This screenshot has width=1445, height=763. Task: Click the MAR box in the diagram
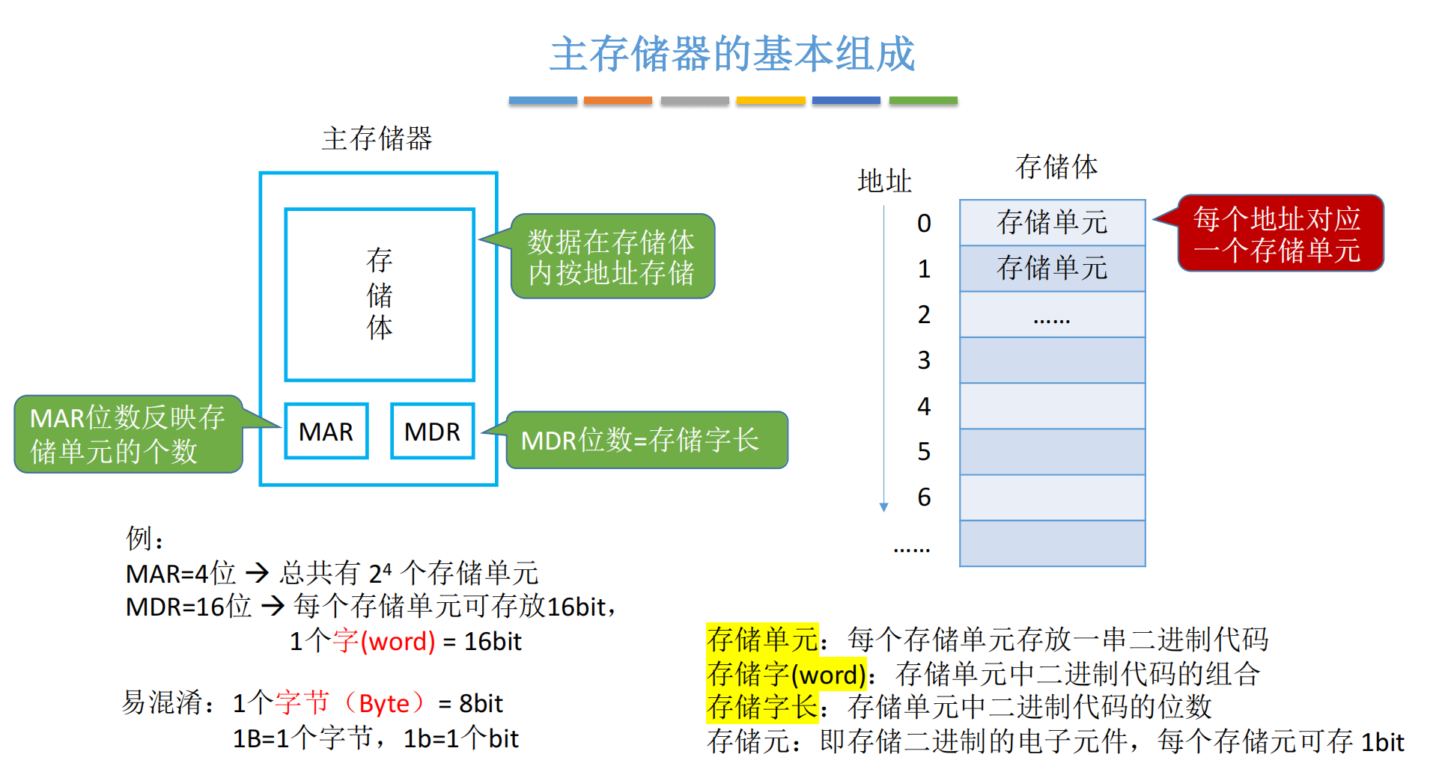[x=326, y=431]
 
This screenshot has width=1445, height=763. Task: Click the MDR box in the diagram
[x=432, y=431]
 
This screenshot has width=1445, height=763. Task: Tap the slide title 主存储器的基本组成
[x=732, y=54]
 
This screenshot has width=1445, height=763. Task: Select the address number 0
[x=924, y=223]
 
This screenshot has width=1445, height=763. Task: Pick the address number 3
[x=924, y=361]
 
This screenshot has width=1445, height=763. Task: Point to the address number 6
[x=924, y=497]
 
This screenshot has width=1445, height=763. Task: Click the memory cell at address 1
[x=1052, y=269]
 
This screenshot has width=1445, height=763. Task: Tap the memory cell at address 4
[x=1052, y=406]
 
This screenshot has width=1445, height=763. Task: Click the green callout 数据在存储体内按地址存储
[x=612, y=257]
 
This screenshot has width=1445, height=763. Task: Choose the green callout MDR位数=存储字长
[x=646, y=440]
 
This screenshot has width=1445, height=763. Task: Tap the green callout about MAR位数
[x=127, y=434]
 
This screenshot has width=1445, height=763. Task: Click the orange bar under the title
[x=618, y=100]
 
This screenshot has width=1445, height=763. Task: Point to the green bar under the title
[x=922, y=100]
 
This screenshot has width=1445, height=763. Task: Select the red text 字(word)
[x=384, y=641]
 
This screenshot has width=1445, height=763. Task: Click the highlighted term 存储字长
[x=762, y=706]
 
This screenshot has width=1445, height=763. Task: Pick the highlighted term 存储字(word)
[x=786, y=674]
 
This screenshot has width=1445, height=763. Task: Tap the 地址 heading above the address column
[x=884, y=181]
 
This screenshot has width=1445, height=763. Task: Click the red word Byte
[x=384, y=703]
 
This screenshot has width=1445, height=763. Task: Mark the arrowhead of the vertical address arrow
[x=884, y=507]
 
